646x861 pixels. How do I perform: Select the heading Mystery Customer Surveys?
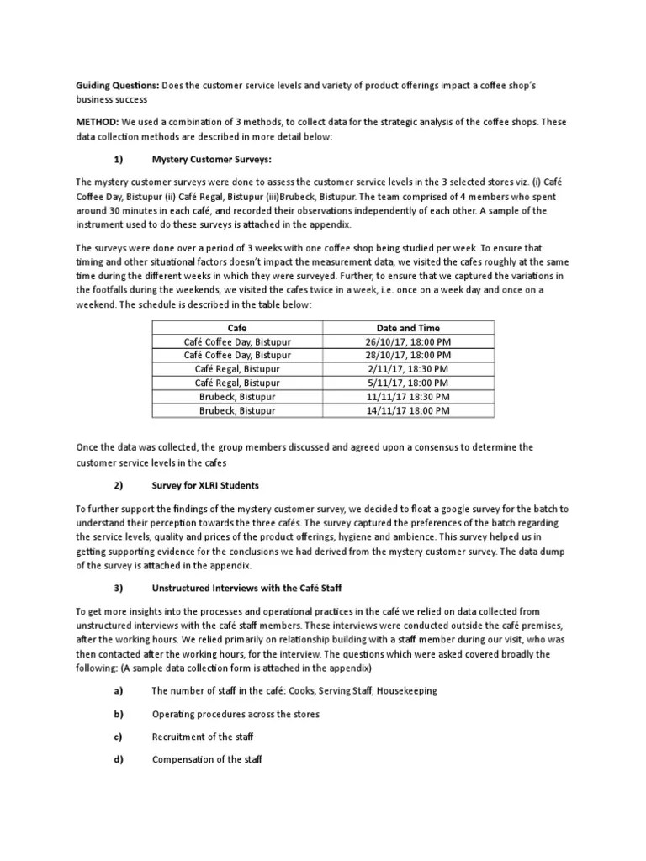211,159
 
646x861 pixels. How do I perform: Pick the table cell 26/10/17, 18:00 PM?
409,341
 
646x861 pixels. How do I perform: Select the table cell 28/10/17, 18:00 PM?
409,355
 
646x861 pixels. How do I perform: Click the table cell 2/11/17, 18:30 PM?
409,369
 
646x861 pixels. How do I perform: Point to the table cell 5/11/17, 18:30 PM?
409,383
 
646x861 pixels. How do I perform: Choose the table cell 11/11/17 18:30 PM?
409,397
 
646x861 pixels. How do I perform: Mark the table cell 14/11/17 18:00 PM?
409,410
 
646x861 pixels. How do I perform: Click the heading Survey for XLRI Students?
204,486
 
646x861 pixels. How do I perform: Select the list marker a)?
118,690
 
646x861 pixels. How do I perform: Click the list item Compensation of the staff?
207,759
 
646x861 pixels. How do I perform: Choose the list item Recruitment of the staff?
202,737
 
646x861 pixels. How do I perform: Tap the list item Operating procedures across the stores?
235,714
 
